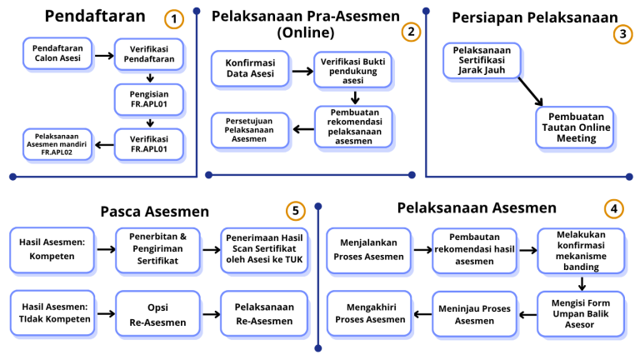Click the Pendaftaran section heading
coord(94,17)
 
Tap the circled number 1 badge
coord(173,17)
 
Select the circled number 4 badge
coord(613,209)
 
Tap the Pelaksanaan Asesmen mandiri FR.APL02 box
coord(57,144)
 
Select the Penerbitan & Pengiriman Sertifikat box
coord(157,247)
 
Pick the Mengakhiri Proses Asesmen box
coord(370,313)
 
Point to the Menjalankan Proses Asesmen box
coord(370,249)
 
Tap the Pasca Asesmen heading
coord(155,212)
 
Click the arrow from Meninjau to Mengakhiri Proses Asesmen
coord(420,313)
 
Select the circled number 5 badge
coord(293,210)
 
